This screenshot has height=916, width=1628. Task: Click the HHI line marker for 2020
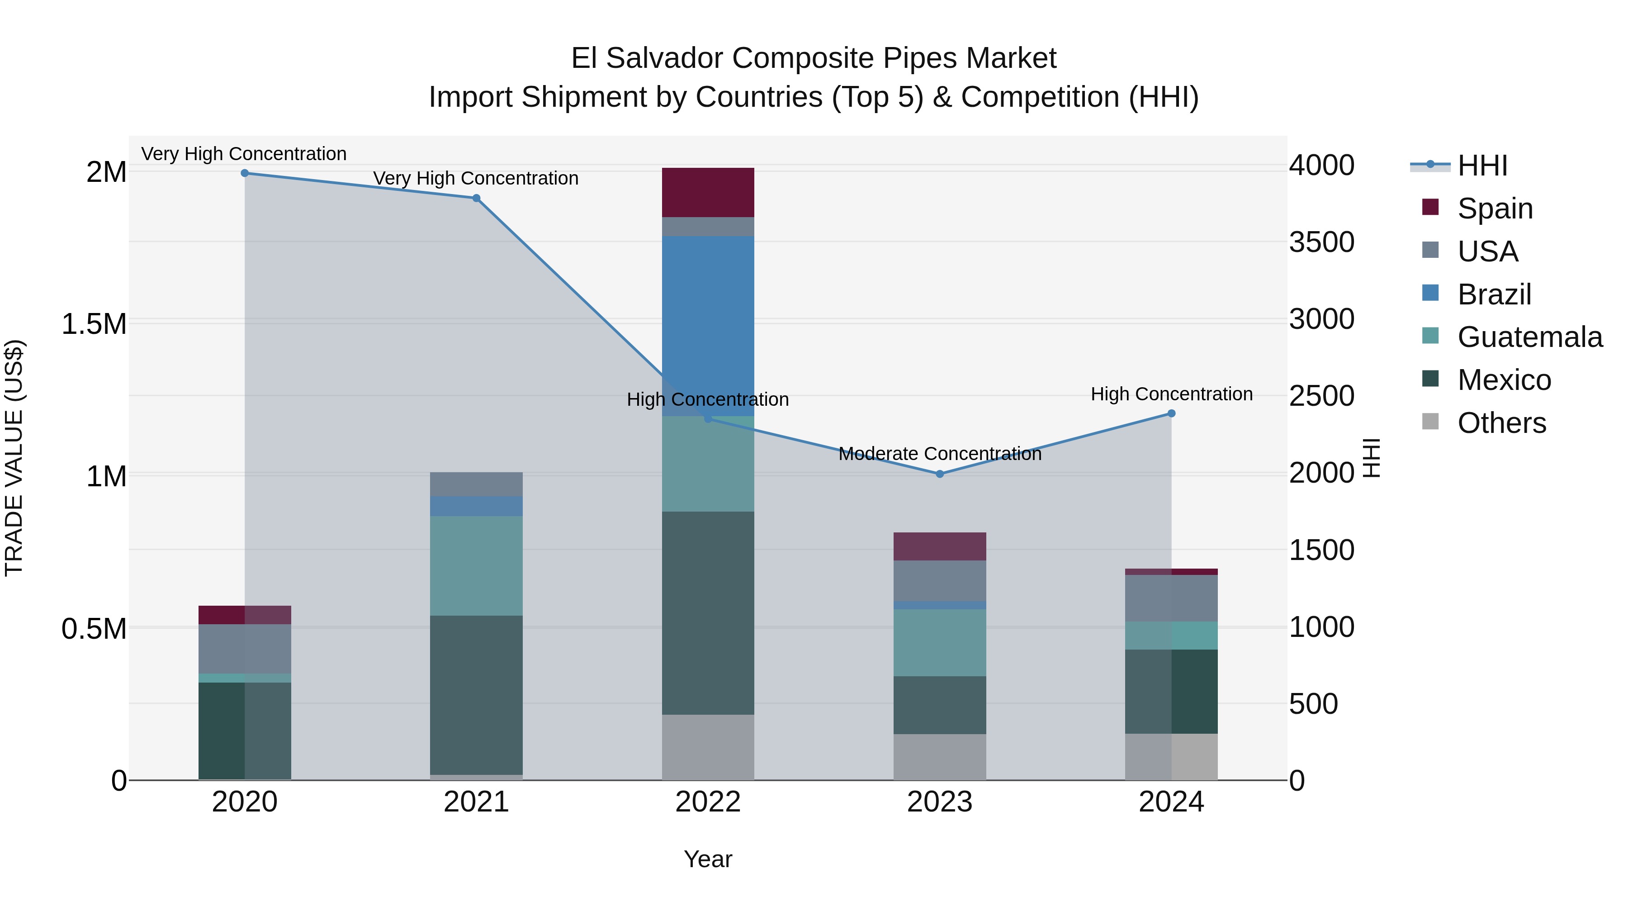[245, 173]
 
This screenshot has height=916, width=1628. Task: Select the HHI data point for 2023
[940, 474]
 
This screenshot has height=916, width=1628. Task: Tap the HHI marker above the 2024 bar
[1171, 413]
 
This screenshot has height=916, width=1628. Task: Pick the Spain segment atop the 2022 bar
[708, 192]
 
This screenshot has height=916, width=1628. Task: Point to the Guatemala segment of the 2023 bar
[940, 642]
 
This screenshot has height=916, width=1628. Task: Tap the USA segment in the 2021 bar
[477, 484]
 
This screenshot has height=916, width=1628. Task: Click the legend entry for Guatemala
[1529, 337]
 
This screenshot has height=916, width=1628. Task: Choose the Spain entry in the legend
[1495, 208]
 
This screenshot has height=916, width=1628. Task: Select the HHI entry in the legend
[1482, 166]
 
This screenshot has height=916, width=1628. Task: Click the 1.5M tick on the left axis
[94, 324]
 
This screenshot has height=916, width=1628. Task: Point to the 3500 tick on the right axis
[1321, 242]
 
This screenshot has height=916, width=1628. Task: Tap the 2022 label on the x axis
[708, 802]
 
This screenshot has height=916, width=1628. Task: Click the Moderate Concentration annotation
[940, 454]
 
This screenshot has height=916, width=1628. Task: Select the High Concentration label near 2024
[1171, 394]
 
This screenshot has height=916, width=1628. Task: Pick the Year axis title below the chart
[708, 859]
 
